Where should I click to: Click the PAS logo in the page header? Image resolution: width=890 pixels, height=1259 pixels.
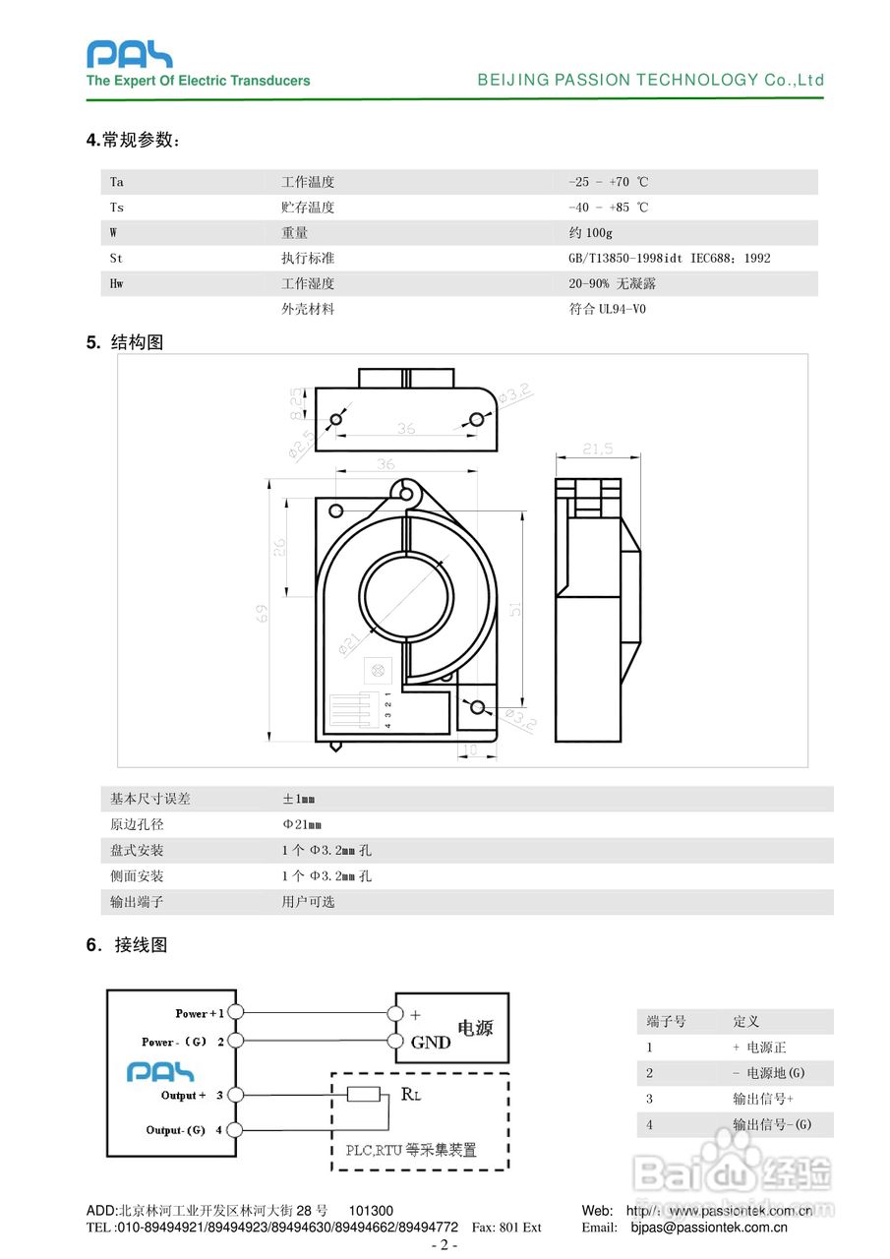[129, 54]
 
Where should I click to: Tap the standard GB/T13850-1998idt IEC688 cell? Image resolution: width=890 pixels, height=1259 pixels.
[669, 259]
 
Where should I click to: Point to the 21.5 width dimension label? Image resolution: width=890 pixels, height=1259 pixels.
[597, 449]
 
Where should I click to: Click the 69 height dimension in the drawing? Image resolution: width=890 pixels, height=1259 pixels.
[263, 613]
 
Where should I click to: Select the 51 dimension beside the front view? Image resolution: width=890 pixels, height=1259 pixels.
[513, 610]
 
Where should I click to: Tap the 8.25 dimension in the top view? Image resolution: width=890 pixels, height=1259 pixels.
[296, 403]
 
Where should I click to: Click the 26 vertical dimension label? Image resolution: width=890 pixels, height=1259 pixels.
[279, 547]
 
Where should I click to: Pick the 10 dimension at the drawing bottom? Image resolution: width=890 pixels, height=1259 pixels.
[470, 750]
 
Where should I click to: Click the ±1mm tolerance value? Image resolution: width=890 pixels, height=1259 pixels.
[300, 799]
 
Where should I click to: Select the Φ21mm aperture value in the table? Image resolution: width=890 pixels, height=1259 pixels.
[302, 824]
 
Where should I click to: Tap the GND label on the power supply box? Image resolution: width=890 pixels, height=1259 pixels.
[431, 1043]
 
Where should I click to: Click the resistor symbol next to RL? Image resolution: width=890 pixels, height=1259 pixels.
[364, 1095]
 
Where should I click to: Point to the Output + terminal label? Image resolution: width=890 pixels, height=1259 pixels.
[184, 1095]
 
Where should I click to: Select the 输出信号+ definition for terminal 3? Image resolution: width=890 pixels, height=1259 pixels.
[762, 1099]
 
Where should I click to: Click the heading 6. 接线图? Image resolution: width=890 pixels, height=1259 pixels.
[127, 945]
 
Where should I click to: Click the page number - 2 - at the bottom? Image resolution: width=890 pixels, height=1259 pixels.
[445, 1245]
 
